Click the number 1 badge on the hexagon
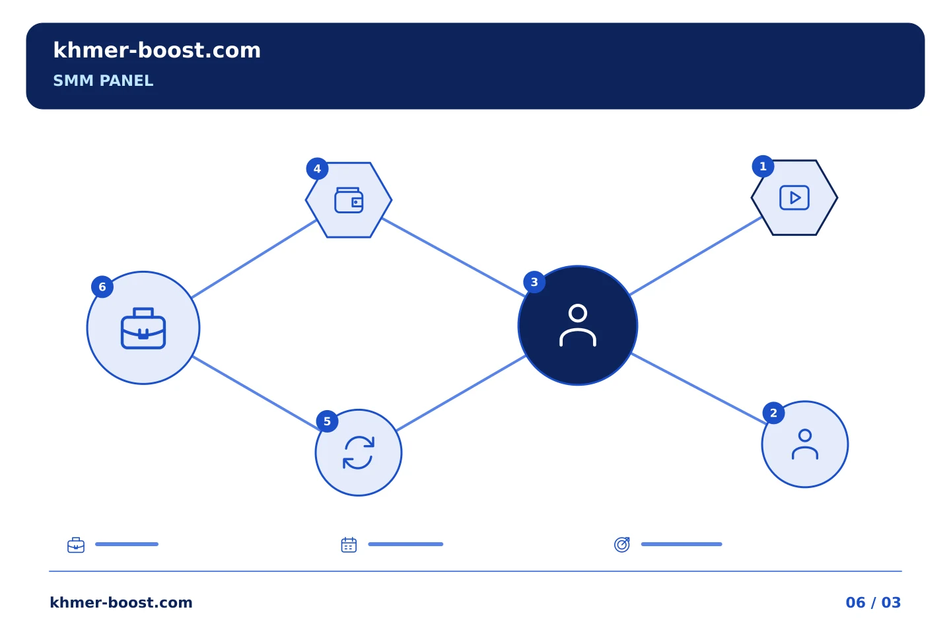pyautogui.click(x=763, y=166)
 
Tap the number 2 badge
pyautogui.click(x=773, y=413)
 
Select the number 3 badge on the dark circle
pyautogui.click(x=534, y=282)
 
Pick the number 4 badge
pyautogui.click(x=317, y=168)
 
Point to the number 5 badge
pyautogui.click(x=328, y=421)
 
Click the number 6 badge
pyautogui.click(x=102, y=287)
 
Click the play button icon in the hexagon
pyautogui.click(x=794, y=197)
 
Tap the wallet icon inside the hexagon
pyautogui.click(x=349, y=200)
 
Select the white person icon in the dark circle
pyautogui.click(x=578, y=326)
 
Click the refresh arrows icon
pyautogui.click(x=359, y=452)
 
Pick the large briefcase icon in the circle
pyautogui.click(x=143, y=328)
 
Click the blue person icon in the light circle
pyautogui.click(x=805, y=444)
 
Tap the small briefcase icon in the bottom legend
pyautogui.click(x=76, y=545)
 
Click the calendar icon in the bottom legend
pyautogui.click(x=349, y=545)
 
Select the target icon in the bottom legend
pyautogui.click(x=622, y=544)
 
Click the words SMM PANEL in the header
pyautogui.click(x=103, y=81)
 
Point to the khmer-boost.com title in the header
pyautogui.click(x=157, y=50)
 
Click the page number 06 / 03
pyautogui.click(x=873, y=602)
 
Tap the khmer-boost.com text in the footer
pyautogui.click(x=121, y=602)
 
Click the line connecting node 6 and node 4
pyautogui.click(x=254, y=259)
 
